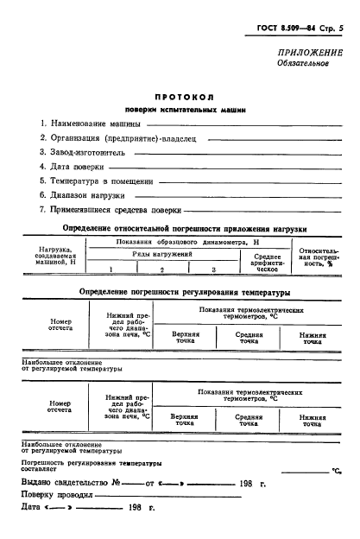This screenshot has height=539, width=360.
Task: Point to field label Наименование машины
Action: [x=87, y=123]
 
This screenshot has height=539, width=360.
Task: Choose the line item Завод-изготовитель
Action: [x=82, y=152]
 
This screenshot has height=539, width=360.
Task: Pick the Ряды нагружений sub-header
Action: [x=161, y=256]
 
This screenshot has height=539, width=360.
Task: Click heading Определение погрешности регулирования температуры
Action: [x=179, y=292]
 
